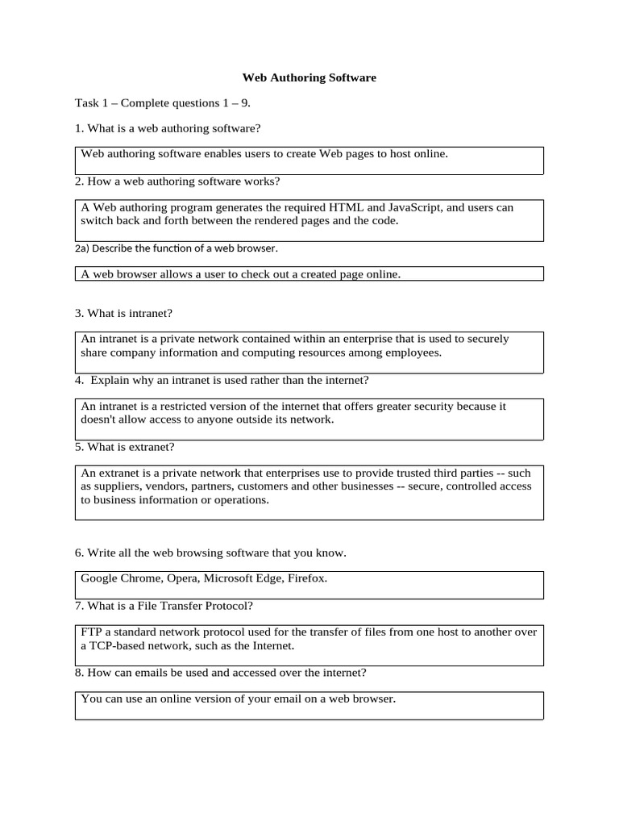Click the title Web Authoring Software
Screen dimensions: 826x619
click(x=309, y=78)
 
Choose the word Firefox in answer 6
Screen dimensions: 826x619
click(x=306, y=578)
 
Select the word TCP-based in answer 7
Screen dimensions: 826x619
click(x=115, y=646)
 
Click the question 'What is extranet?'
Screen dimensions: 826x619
click(x=125, y=446)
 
